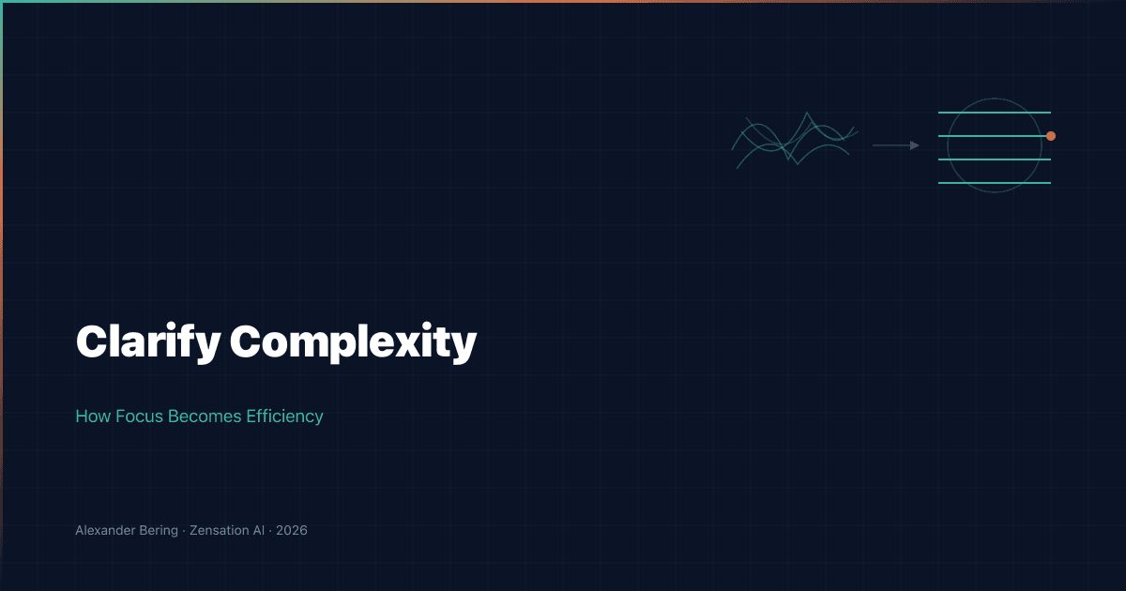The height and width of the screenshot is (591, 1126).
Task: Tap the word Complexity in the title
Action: point(354,342)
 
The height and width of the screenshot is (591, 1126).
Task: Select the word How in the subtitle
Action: point(92,416)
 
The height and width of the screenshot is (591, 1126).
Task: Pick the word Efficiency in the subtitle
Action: point(284,416)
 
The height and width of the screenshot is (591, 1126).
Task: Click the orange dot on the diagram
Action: point(1051,136)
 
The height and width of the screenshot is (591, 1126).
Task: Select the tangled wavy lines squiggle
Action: point(794,141)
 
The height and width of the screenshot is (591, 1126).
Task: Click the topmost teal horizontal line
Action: point(995,113)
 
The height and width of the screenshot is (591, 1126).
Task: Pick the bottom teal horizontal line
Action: point(995,183)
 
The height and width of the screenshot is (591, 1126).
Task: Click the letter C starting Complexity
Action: point(246,342)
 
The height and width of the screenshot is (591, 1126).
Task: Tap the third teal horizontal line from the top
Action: point(995,159)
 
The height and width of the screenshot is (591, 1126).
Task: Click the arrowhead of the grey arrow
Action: point(915,145)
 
